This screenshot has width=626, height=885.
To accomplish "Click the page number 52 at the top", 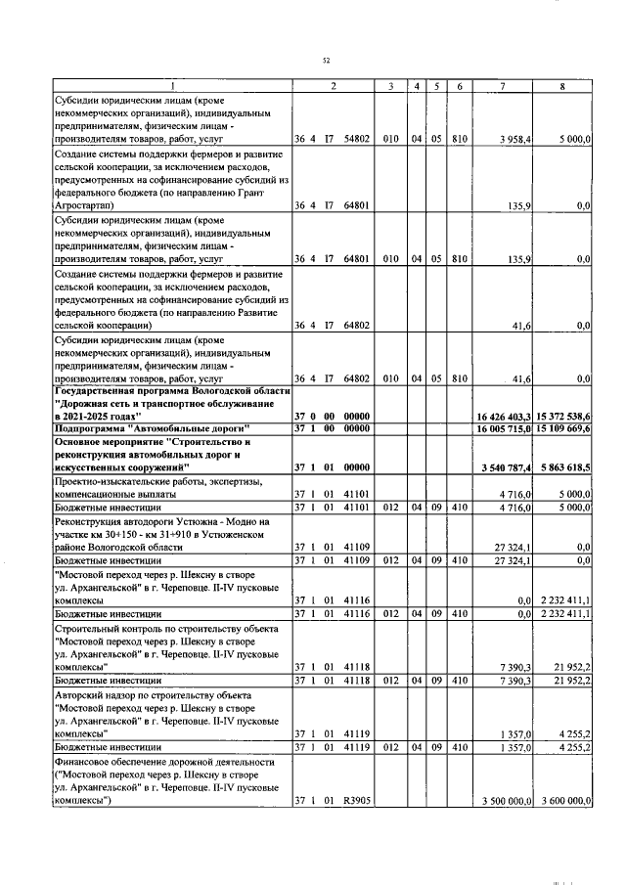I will pos(326,61).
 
